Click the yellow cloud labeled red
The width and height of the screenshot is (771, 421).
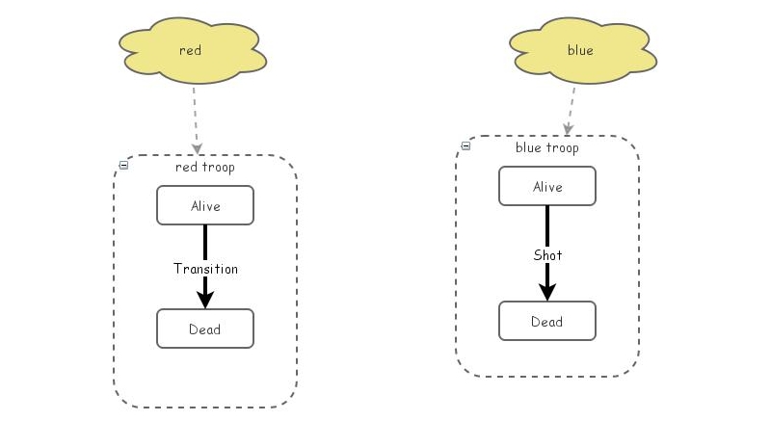(x=192, y=51)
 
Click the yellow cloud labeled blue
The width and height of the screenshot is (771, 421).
(x=583, y=51)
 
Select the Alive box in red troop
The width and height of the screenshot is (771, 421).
(x=205, y=205)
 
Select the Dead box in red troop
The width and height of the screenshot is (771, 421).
(x=205, y=329)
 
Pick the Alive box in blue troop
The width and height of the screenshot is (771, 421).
(x=547, y=186)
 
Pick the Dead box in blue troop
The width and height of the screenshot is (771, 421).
(x=547, y=321)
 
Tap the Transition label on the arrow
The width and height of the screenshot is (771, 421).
(x=205, y=269)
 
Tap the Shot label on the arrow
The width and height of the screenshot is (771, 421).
(x=547, y=255)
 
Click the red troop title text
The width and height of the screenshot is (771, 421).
(x=205, y=167)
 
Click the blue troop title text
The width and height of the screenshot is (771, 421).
(x=547, y=147)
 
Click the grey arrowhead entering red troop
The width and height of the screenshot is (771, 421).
(x=198, y=149)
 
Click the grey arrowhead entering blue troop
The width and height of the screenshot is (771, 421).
(x=568, y=130)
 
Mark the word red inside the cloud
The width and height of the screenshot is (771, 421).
(x=190, y=50)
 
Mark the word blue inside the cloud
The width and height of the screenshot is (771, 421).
(x=580, y=50)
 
